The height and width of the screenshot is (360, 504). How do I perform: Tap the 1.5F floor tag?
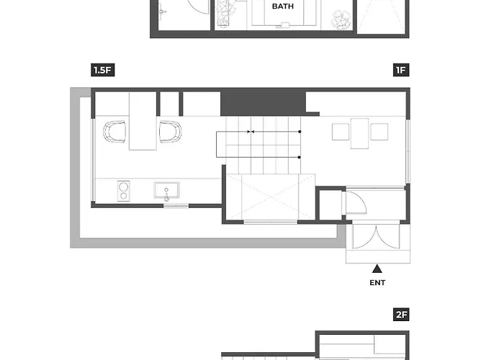click(103, 70)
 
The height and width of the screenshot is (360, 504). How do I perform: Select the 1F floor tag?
click(401, 70)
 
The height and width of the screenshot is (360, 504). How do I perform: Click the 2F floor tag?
click(401, 315)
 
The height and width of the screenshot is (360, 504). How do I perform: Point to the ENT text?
click(377, 283)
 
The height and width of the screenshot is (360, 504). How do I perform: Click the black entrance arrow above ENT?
click(377, 269)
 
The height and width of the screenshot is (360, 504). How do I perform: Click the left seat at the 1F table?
click(341, 132)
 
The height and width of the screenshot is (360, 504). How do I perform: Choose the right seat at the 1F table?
click(379, 132)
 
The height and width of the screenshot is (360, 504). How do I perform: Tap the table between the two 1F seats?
click(360, 134)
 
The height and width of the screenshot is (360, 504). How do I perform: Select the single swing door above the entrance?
click(356, 202)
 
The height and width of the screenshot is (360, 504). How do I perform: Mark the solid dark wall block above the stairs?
click(263, 102)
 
